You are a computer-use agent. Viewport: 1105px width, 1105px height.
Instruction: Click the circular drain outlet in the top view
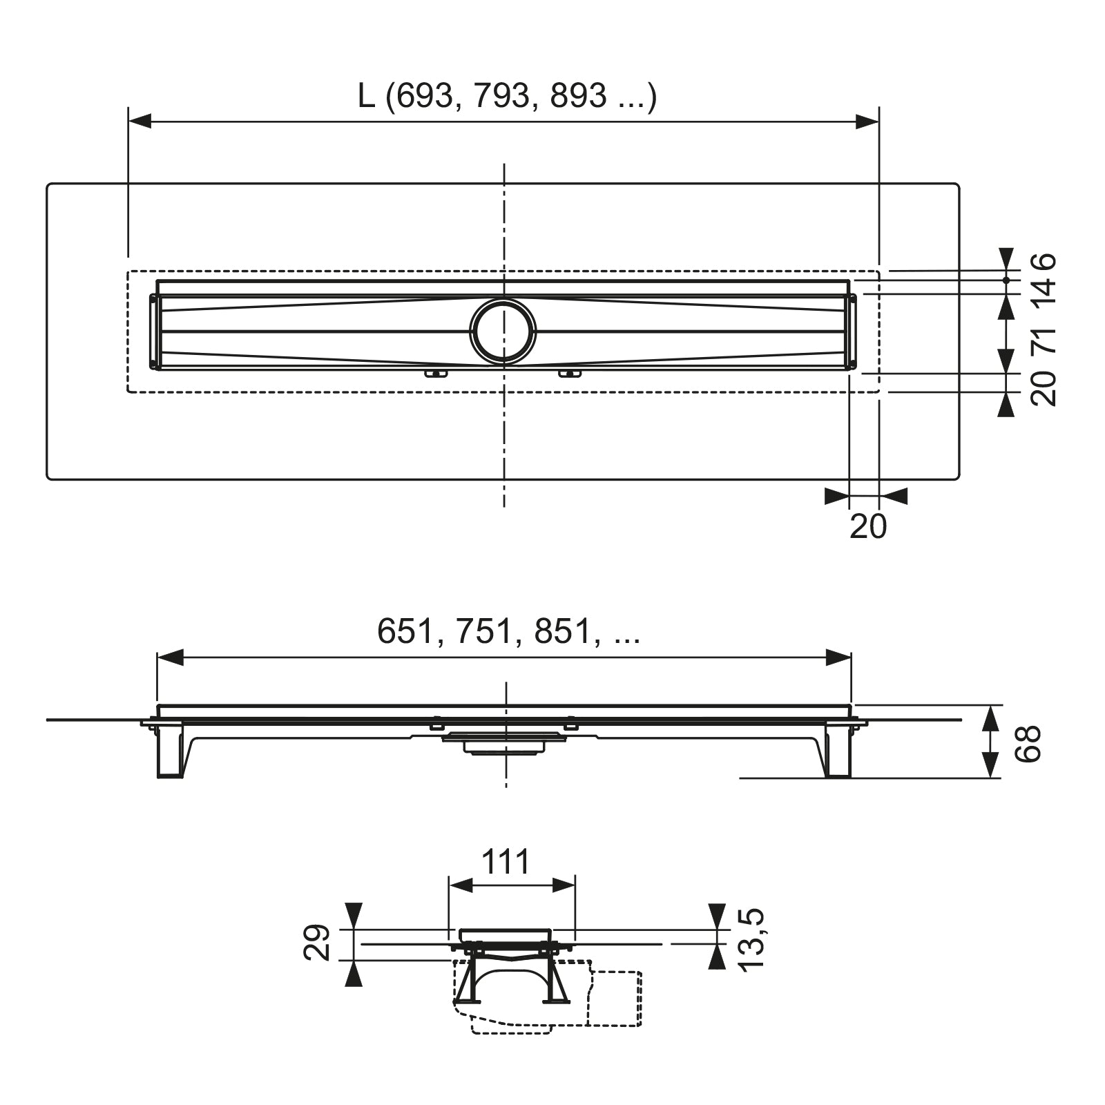pyautogui.click(x=503, y=332)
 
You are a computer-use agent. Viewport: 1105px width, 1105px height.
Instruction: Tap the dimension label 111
pyautogui.click(x=506, y=863)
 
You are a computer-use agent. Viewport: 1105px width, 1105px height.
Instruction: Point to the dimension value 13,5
pyautogui.click(x=751, y=939)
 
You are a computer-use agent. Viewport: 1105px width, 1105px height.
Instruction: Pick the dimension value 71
pyautogui.click(x=1044, y=340)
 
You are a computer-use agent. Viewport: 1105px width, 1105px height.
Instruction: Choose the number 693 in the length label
pyautogui.click(x=423, y=96)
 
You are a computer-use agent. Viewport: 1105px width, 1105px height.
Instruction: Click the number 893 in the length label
pyautogui.click(x=578, y=96)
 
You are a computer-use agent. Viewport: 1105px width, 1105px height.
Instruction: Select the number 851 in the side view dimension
pyautogui.click(x=563, y=631)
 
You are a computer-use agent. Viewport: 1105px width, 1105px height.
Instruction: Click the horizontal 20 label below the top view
pyautogui.click(x=868, y=527)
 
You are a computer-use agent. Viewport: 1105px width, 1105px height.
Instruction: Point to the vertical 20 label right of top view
pyautogui.click(x=1044, y=388)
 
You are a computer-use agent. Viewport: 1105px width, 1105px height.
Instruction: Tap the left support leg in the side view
pyautogui.click(x=170, y=751)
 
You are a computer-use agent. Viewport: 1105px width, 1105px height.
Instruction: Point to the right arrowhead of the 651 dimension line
pyautogui.click(x=839, y=657)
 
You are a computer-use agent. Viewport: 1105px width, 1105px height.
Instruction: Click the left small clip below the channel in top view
pyautogui.click(x=436, y=374)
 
